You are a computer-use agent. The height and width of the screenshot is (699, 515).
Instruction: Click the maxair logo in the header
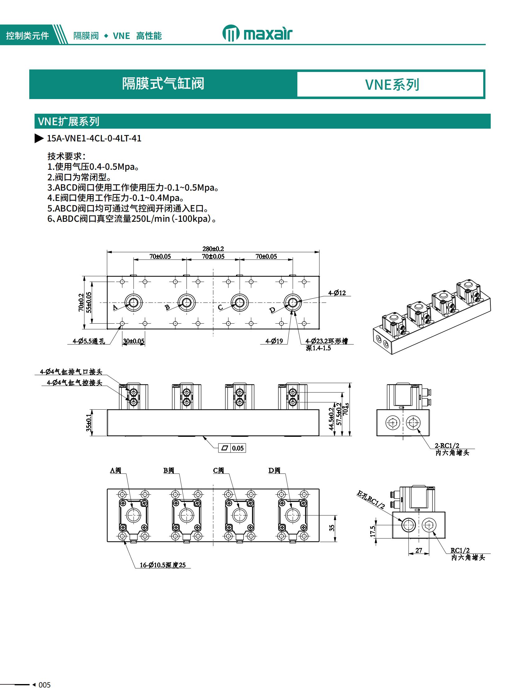tap(257, 34)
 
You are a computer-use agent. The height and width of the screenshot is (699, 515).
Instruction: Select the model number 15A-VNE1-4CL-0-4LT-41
tap(94, 138)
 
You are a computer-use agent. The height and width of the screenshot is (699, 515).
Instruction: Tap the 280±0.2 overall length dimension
tap(213, 249)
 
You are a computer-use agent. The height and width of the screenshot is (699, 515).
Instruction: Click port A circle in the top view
tap(134, 302)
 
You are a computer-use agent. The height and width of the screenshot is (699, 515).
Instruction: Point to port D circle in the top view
tap(292, 302)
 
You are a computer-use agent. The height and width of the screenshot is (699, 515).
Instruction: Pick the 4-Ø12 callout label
tap(337, 293)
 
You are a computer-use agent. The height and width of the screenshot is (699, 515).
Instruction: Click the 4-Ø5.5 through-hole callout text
tap(89, 341)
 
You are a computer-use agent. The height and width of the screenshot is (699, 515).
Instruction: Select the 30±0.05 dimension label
tap(134, 341)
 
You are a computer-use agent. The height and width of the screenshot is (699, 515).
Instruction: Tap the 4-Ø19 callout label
tap(274, 341)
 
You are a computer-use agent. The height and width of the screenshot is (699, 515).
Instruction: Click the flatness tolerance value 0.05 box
tap(238, 448)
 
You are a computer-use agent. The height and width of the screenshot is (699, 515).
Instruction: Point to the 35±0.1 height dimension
tap(89, 423)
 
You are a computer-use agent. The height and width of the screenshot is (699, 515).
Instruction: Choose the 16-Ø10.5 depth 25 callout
tap(163, 565)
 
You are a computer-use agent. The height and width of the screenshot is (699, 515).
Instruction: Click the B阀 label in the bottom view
tap(169, 470)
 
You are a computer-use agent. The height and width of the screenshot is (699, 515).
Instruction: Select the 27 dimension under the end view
tap(419, 550)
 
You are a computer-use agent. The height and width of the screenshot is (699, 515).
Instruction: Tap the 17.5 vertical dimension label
tap(373, 531)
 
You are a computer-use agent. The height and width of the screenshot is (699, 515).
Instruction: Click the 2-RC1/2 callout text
tap(447, 445)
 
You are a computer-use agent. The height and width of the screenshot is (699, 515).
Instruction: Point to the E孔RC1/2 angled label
tap(371, 499)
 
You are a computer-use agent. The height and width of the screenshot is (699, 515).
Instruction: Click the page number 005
tap(45, 685)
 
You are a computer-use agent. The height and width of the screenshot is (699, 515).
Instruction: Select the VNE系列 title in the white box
tap(392, 84)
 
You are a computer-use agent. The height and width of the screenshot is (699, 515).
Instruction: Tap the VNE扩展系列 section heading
tap(69, 121)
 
